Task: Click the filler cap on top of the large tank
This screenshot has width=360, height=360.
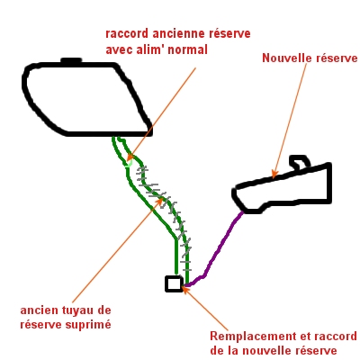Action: click(71, 61)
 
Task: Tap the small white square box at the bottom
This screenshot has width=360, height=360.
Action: click(174, 283)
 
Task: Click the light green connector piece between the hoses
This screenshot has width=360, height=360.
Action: click(130, 164)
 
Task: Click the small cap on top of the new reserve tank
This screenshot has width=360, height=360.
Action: click(300, 162)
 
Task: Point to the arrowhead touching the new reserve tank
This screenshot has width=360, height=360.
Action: click(274, 175)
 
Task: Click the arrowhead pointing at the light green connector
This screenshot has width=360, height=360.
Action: click(130, 157)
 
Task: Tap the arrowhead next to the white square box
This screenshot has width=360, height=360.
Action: click(186, 290)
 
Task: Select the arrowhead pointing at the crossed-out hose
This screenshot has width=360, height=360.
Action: click(160, 201)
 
